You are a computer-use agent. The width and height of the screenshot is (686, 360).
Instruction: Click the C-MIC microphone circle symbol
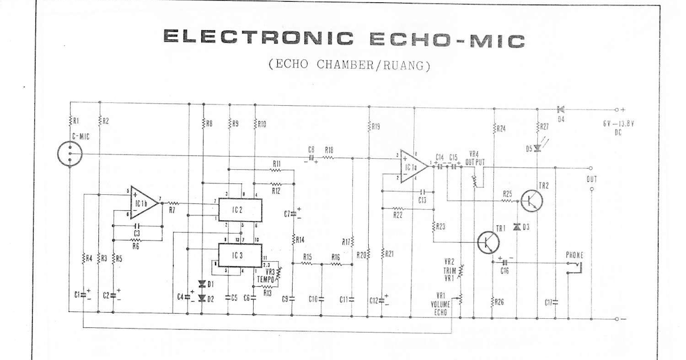(x=70, y=153)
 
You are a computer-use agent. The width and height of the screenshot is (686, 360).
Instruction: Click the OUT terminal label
(x=592, y=179)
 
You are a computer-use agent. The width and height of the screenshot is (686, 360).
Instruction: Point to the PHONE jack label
(x=575, y=254)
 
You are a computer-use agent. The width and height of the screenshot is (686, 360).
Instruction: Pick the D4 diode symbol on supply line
(x=559, y=109)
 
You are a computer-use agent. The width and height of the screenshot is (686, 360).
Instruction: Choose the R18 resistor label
(x=329, y=149)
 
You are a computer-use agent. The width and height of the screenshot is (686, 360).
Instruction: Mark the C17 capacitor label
(x=548, y=301)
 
